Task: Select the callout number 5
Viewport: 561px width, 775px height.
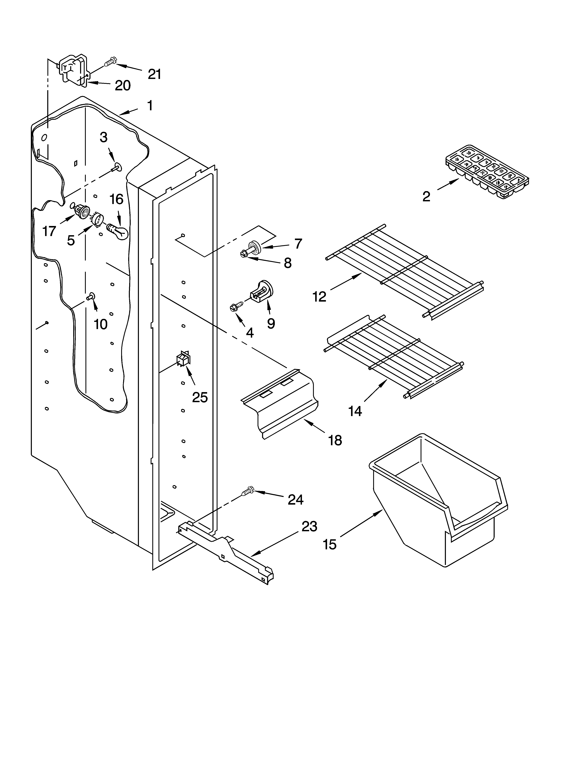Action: coord(71,240)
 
